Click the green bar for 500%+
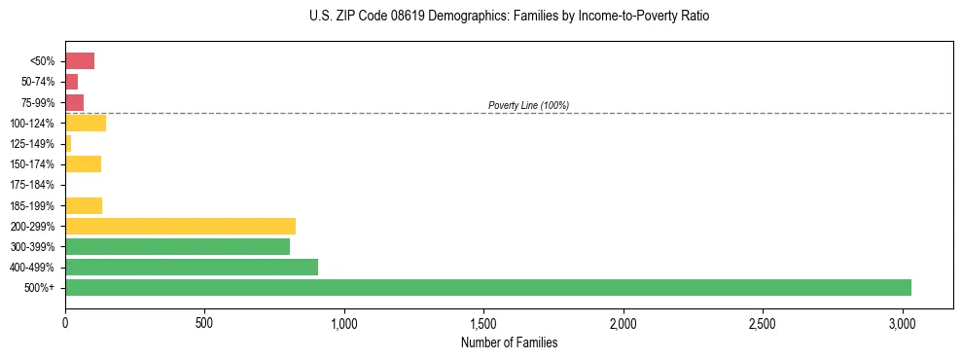[x=487, y=287]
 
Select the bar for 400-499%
[x=192, y=267]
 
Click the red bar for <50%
[x=80, y=61]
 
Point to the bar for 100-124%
[x=86, y=123]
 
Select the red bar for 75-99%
[x=74, y=102]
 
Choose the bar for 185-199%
[x=84, y=205]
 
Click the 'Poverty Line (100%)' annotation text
[x=528, y=105]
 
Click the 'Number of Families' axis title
[x=509, y=342]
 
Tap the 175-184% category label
[x=32, y=185]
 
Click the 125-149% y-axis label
[x=32, y=144]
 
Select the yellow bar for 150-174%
[x=83, y=163]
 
